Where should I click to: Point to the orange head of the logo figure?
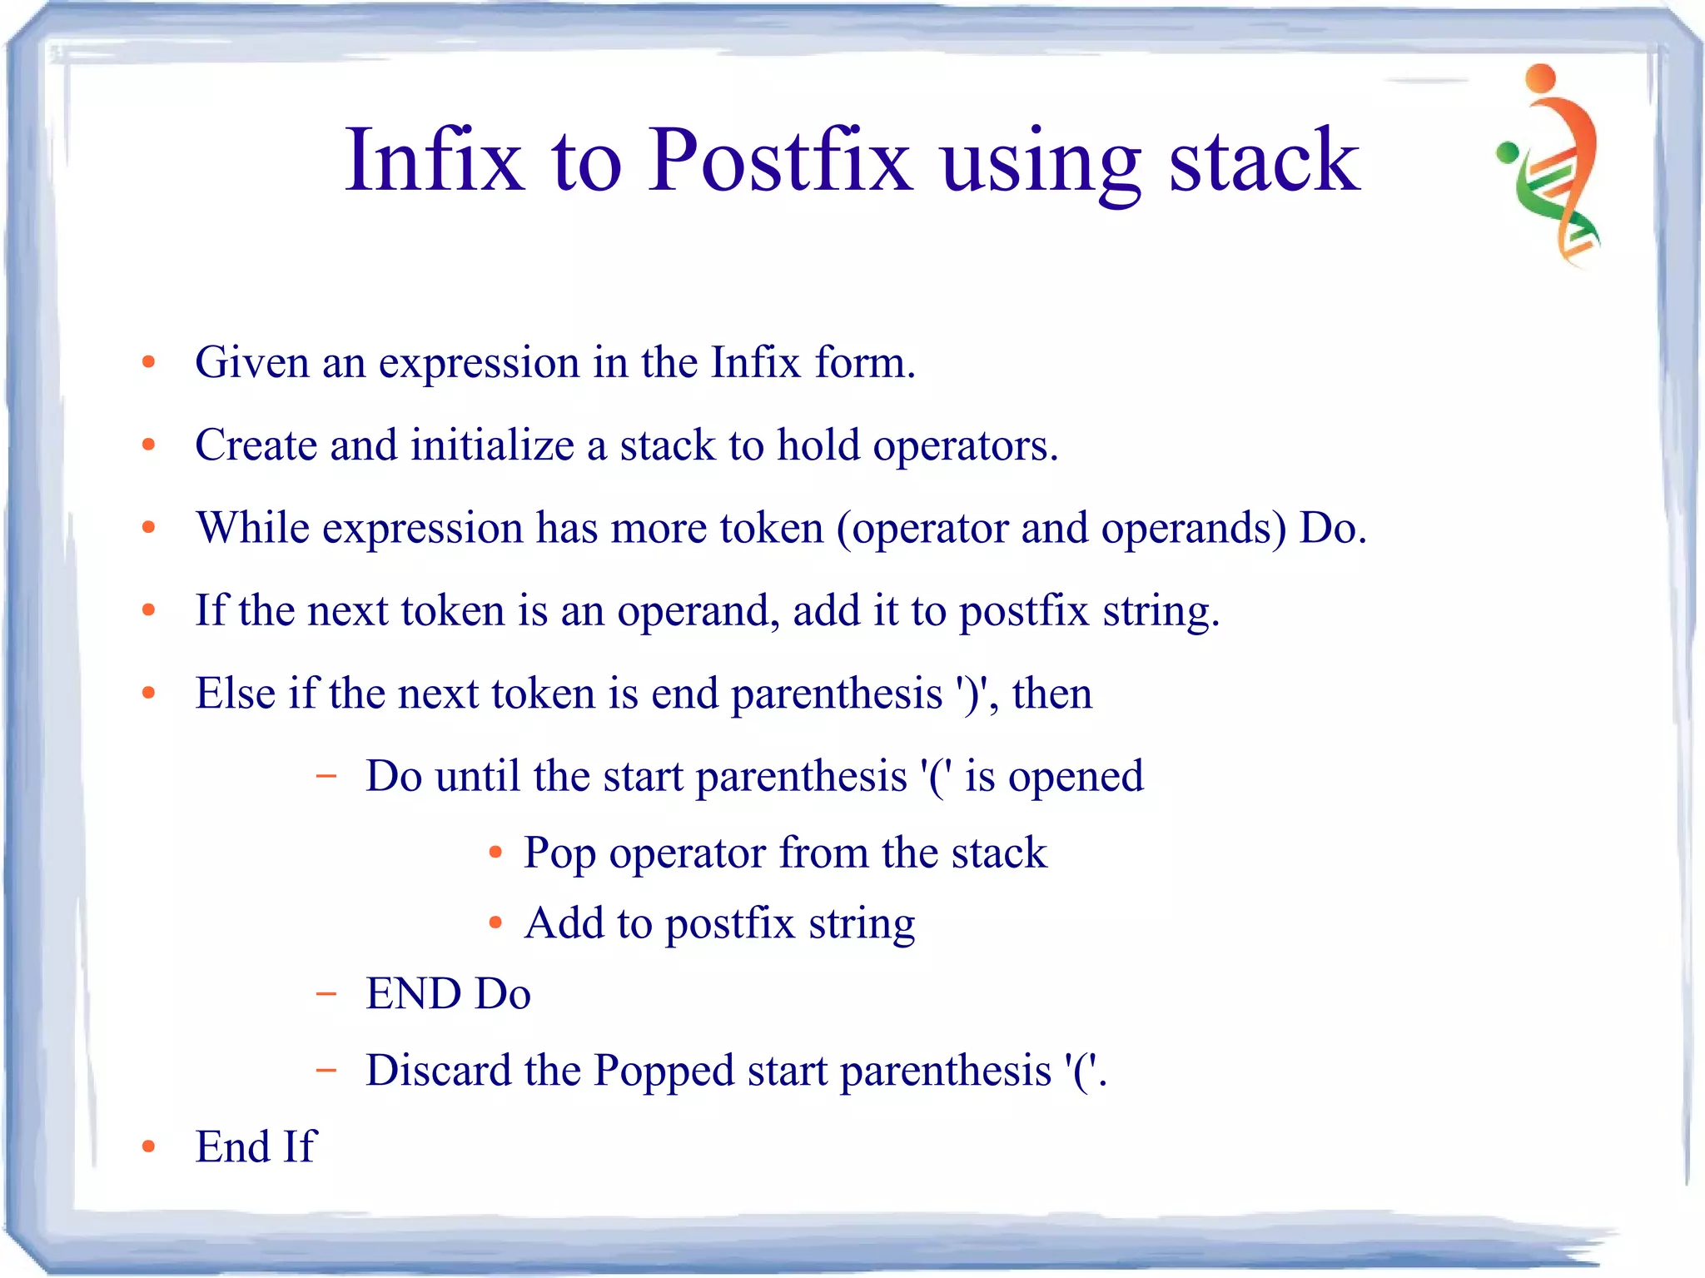(1541, 78)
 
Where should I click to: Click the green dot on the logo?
(1508, 152)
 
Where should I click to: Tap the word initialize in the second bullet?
(492, 445)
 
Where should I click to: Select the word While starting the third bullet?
(252, 527)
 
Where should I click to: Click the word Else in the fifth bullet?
(235, 693)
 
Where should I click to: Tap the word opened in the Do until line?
(1076, 776)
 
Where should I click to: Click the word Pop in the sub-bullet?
(559, 853)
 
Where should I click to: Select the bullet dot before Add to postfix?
(495, 922)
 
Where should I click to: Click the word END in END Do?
(413, 993)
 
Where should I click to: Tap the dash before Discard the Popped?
(326, 1070)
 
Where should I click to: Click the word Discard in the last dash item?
(438, 1070)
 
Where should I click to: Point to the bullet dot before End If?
(149, 1146)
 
